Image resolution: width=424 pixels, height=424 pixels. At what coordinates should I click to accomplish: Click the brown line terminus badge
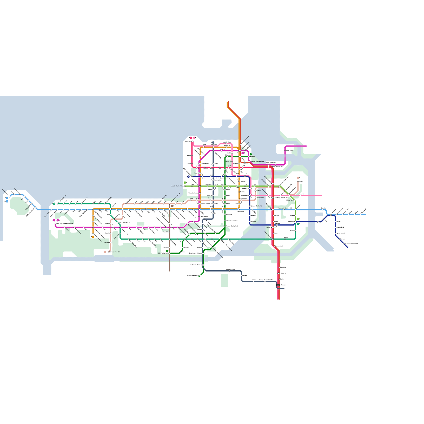[x=172, y=206]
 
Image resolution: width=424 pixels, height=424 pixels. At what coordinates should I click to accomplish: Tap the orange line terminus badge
[x=93, y=237]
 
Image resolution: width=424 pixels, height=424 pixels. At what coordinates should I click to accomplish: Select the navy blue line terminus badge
[x=188, y=176]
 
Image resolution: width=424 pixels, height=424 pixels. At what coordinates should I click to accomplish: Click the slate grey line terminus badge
[x=213, y=143]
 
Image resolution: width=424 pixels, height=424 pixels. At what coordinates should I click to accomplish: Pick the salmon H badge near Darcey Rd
[x=105, y=252]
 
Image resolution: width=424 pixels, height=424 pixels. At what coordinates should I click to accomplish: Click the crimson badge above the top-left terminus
[x=191, y=138]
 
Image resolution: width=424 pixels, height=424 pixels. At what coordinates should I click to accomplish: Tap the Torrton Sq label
[x=228, y=161]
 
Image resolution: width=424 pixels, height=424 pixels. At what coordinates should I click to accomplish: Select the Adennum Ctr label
[x=260, y=198]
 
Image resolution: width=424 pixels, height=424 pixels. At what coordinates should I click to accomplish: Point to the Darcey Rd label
[x=107, y=242]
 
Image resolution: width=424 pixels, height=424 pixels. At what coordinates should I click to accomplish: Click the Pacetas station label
[x=268, y=227]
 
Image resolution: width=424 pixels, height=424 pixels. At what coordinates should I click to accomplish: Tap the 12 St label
[x=229, y=166]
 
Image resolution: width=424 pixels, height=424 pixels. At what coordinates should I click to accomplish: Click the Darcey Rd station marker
[x=111, y=242]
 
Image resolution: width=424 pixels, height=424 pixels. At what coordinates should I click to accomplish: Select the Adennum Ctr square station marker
[x=256, y=198]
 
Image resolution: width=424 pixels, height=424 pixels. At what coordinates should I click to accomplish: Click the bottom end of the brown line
[x=170, y=271]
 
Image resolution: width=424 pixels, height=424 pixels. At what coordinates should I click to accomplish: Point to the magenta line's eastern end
[x=306, y=146]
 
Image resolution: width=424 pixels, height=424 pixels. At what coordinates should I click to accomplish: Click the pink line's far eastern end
[x=322, y=196]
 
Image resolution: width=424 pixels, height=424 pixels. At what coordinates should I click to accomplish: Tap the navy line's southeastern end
[x=347, y=248]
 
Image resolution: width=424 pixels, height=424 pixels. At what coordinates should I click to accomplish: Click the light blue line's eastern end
[x=365, y=214]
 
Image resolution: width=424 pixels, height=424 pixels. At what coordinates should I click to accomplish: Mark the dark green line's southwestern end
[x=199, y=276]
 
